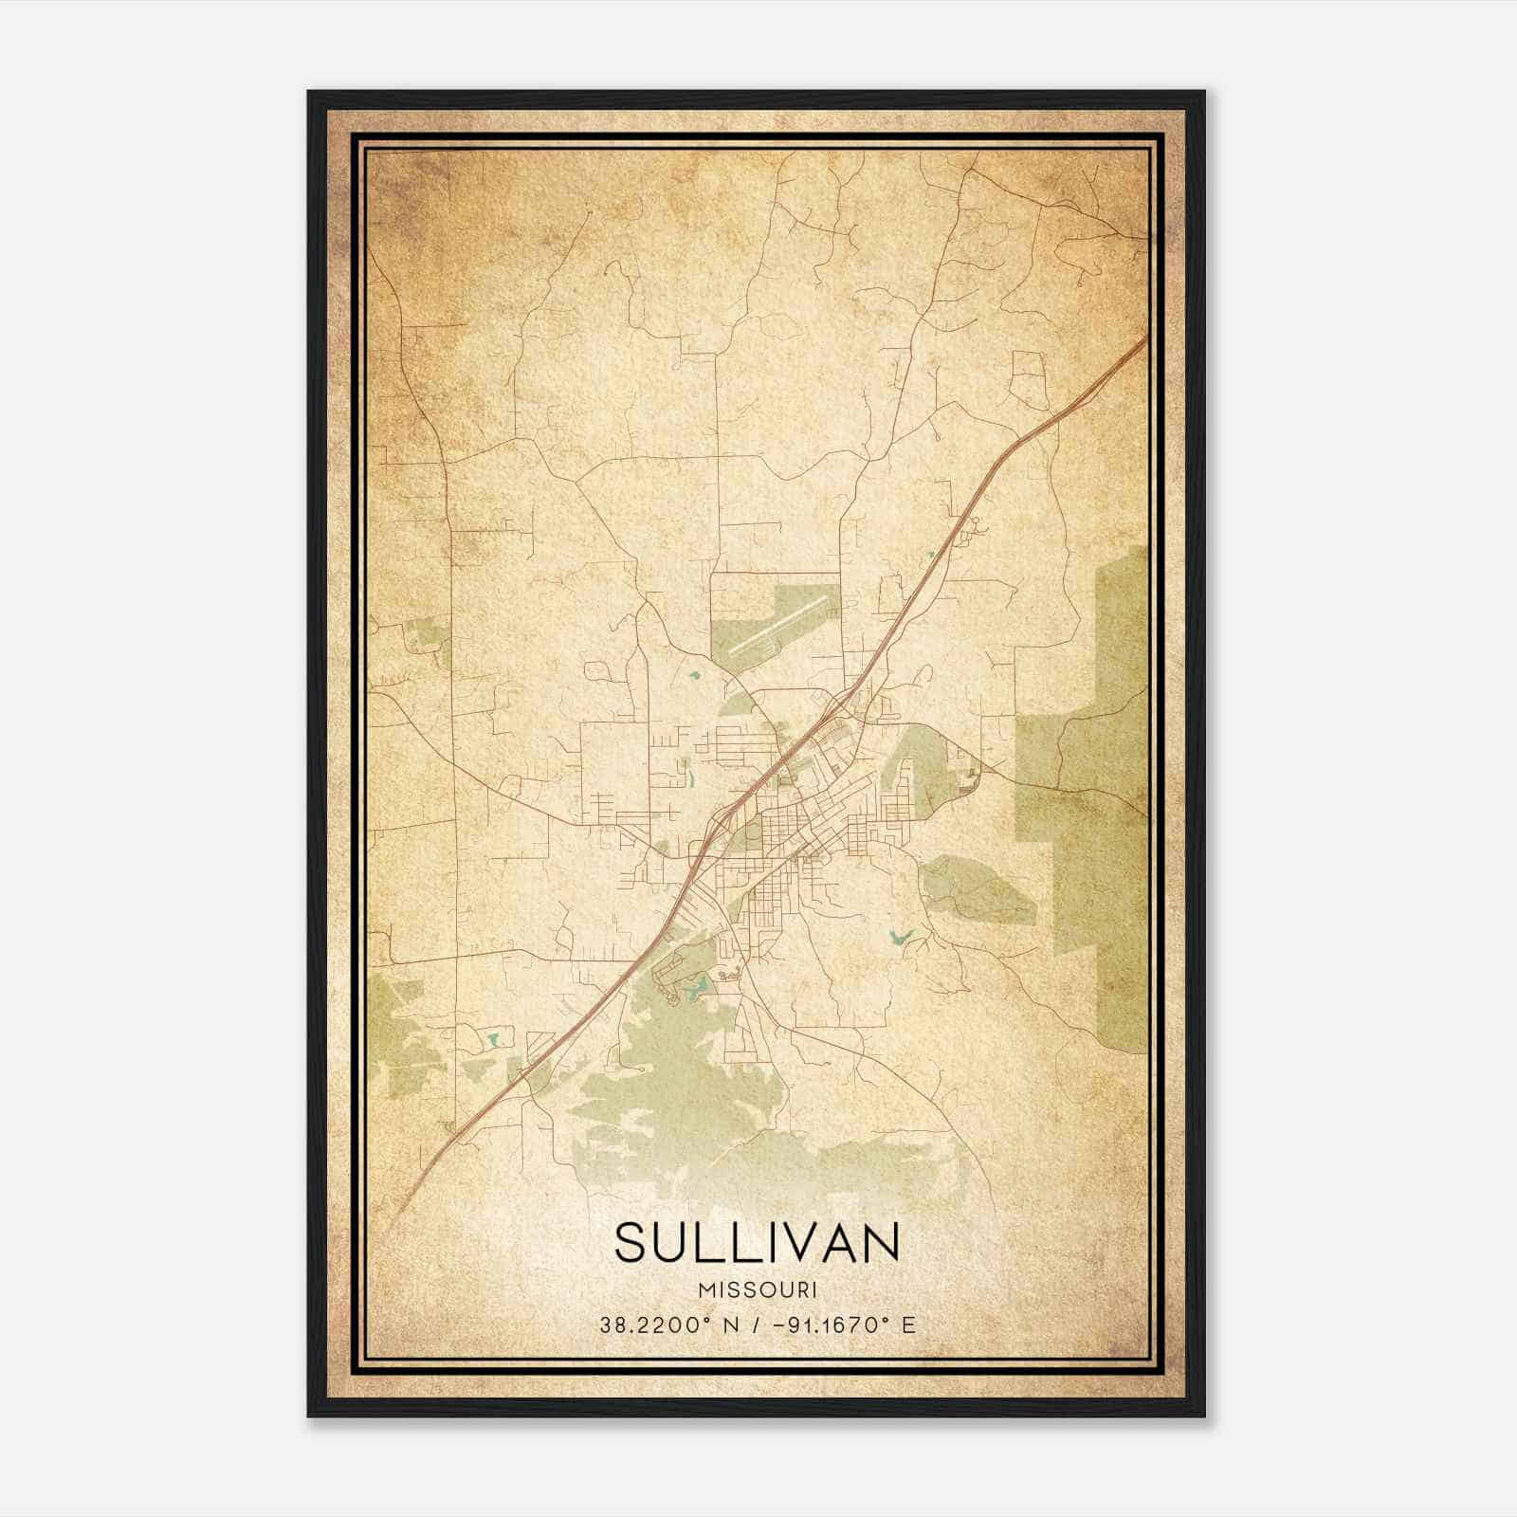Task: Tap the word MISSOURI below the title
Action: pyautogui.click(x=757, y=1290)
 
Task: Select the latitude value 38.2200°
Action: pyautogui.click(x=651, y=1325)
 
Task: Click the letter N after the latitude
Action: pyautogui.click(x=730, y=1325)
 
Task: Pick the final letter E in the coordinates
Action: pyautogui.click(x=908, y=1325)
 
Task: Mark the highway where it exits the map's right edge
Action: pyautogui.click(x=1144, y=338)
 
